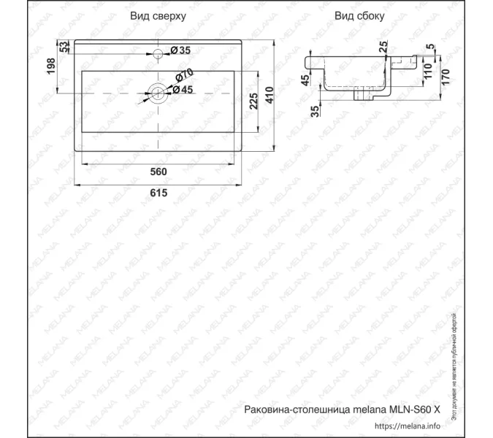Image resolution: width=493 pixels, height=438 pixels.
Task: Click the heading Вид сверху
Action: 158,15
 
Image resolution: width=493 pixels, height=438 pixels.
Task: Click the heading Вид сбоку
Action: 361,15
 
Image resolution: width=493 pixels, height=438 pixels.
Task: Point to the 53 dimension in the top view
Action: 64,47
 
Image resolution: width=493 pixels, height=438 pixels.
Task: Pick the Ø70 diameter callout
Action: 183,74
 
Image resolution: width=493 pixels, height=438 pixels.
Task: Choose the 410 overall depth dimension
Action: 270,94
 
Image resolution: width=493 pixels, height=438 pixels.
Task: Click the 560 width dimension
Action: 158,172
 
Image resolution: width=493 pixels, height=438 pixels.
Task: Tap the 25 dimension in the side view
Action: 383,48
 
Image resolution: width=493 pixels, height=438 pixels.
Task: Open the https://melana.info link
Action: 408,426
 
